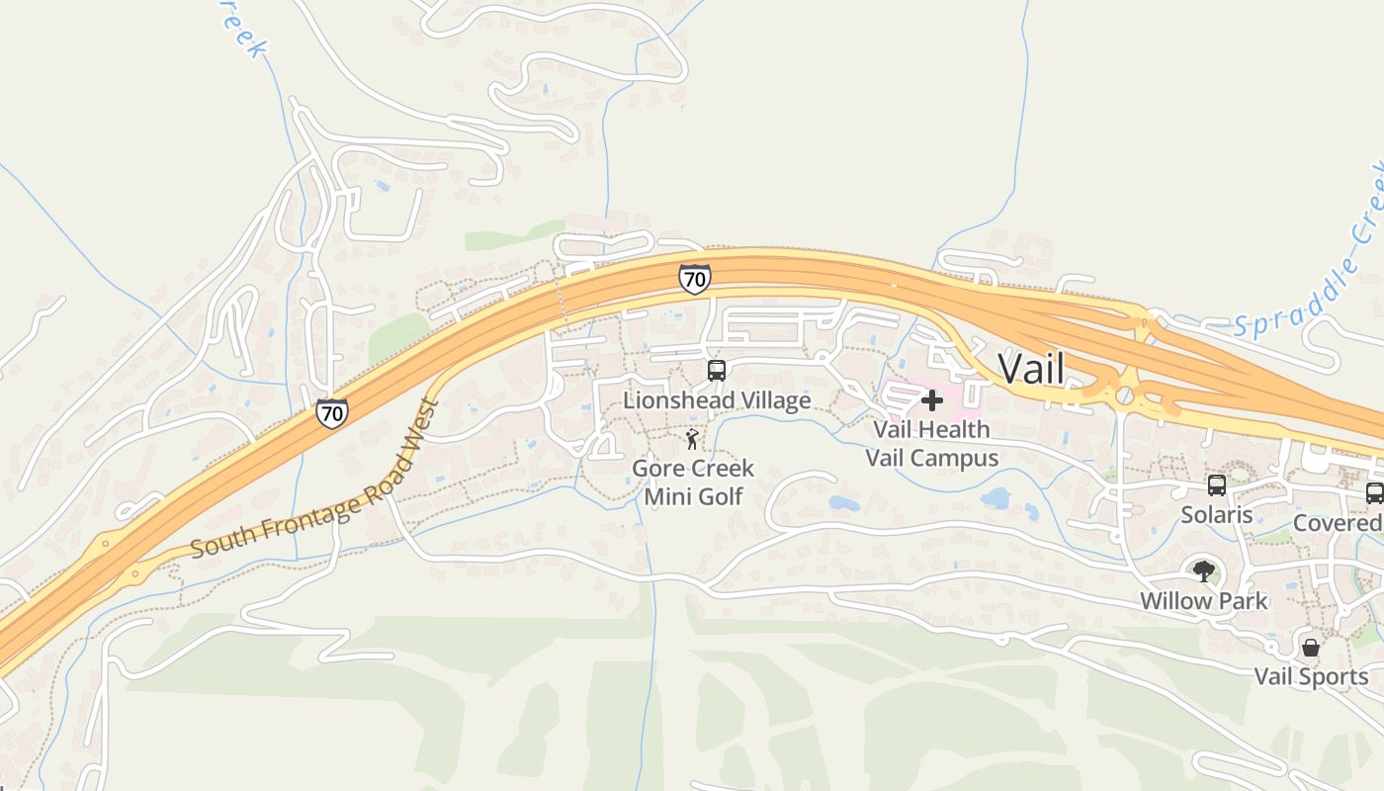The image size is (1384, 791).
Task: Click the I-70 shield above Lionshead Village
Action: [694, 279]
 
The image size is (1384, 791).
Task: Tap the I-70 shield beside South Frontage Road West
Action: [332, 412]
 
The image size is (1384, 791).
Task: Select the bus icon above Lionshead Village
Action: [717, 371]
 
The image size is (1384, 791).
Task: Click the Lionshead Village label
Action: [717, 400]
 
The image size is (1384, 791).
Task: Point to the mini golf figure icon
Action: [692, 439]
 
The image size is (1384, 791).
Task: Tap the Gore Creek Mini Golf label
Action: [693, 482]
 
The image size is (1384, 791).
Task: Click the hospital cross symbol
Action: [931, 400]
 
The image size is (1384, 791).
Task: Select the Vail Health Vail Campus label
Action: [931, 443]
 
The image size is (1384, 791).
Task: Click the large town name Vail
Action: [1031, 369]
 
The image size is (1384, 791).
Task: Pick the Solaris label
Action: [1217, 515]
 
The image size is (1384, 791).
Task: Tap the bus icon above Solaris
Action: [1217, 485]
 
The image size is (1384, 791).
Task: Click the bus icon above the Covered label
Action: [1374, 493]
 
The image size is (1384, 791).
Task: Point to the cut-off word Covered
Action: [1338, 523]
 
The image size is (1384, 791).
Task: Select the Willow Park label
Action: [1203, 600]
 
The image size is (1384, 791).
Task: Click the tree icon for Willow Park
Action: [1203, 571]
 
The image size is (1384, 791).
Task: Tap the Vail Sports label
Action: [1311, 676]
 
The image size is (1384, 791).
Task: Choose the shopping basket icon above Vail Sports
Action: [1311, 648]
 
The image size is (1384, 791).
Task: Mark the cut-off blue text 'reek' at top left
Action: [242, 30]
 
